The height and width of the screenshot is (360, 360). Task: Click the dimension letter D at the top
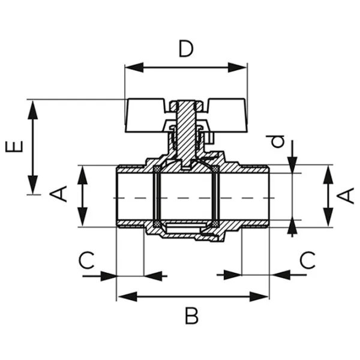coord(186,49)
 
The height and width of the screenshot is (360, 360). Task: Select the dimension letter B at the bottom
coord(191,315)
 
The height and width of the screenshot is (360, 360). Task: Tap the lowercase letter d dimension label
coord(277,142)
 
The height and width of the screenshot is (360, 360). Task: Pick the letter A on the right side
coord(347,195)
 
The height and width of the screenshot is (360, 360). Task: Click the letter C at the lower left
coord(88,260)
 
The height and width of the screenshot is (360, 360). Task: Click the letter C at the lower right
coord(307,260)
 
